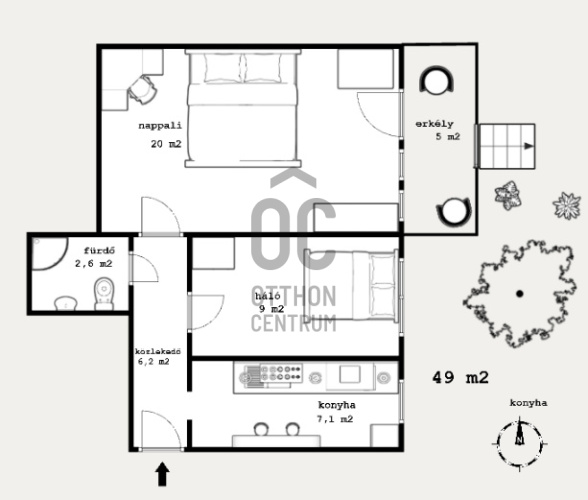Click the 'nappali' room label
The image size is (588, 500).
pos(160,125)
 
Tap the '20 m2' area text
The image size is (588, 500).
pos(166,144)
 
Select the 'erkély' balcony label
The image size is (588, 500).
pos(434,124)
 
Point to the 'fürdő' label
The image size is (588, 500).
pos(99,251)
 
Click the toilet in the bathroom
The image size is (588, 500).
pos(104,293)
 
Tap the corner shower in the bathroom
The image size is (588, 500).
pos(49,253)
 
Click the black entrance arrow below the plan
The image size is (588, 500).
pos(162,474)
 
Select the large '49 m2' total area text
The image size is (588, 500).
pos(460,377)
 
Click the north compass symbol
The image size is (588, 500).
pos(519,443)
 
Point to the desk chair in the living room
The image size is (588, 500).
pos(142,90)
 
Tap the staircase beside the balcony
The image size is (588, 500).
pos(505,146)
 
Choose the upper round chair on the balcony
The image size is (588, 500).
pos(436,80)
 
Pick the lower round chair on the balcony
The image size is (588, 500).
pos(454,212)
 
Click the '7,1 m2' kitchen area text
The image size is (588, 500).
pos(335,419)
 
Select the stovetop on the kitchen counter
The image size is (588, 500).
pos(281,373)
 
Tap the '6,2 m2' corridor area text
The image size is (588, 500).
pos(154,362)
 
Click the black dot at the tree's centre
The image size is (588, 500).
pos(519,294)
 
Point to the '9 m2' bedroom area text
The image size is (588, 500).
pos(272,309)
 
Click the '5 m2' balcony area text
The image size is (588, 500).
pos(448,137)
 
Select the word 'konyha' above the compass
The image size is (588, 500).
pos(528,403)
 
